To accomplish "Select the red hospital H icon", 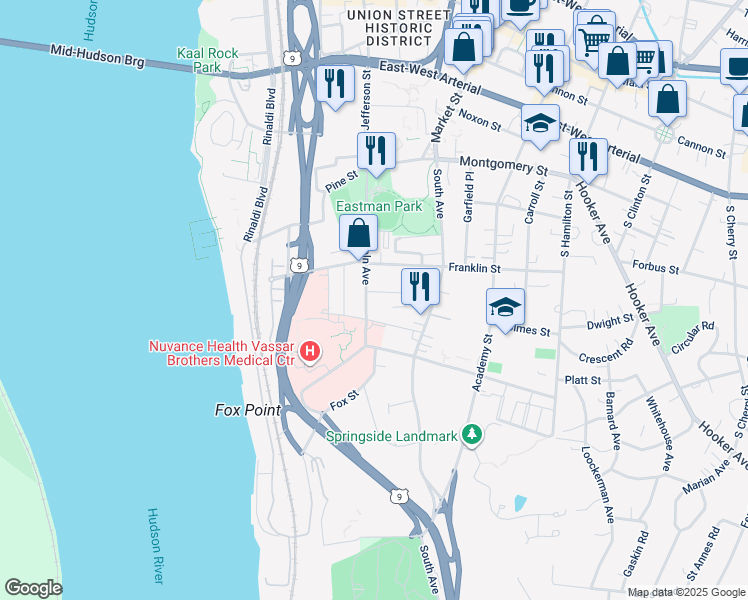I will click(310, 352).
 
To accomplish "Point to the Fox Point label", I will click(248, 410).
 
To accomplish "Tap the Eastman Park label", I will click(379, 206).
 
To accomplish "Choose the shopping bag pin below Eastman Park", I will click(359, 235).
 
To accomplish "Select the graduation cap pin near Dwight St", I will click(506, 307).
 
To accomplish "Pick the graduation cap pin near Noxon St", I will click(541, 124).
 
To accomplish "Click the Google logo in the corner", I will click(33, 588).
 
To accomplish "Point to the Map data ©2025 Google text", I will click(687, 592).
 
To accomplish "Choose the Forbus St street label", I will click(656, 269).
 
